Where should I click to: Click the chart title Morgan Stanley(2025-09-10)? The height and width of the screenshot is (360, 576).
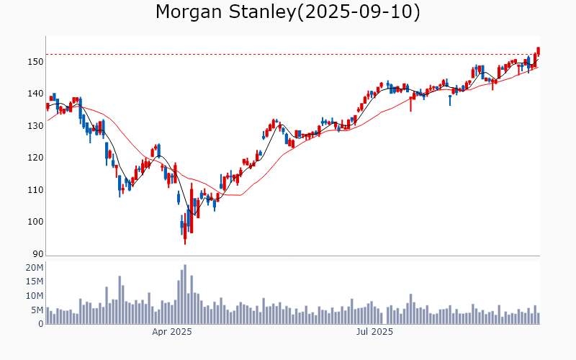288,12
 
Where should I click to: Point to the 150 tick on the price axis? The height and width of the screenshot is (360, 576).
35,62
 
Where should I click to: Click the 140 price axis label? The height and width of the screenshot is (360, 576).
35,94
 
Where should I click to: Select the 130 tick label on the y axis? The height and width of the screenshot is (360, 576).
35,126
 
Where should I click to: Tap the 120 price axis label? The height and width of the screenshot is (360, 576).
35,158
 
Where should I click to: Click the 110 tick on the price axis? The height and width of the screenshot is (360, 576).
35,190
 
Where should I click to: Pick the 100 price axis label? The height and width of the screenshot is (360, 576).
35,222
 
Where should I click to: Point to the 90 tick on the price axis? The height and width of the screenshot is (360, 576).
37,253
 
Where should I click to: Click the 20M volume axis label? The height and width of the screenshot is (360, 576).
35,268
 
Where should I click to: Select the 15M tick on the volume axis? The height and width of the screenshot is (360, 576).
35,282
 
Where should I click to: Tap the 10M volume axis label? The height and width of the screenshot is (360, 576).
35,296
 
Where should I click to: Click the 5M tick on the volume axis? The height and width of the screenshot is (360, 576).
37,310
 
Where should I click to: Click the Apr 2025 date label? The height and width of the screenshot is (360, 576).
171,333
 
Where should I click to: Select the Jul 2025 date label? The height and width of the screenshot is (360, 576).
374,333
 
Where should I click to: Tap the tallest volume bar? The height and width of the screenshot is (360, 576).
185,294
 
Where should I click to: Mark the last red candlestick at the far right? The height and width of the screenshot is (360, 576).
538,50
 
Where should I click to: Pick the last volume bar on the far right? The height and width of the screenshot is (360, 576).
538,318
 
